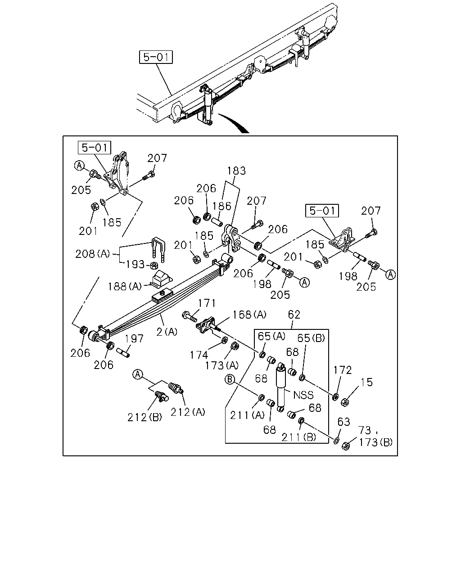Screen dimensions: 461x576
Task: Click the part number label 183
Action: pos(236,171)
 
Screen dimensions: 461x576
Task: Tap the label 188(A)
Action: pos(125,287)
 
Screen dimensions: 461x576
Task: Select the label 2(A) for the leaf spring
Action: pos(167,332)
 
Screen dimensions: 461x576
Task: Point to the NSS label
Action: pos(303,395)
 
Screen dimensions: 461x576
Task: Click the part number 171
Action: pos(207,303)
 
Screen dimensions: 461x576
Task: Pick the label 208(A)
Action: pos(93,254)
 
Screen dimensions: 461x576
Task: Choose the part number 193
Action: pos(135,265)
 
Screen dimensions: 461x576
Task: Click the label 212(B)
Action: pos(145,417)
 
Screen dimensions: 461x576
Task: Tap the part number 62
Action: pos(294,314)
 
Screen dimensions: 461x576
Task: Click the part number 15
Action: pos(366,382)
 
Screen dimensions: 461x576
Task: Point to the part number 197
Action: pos(134,338)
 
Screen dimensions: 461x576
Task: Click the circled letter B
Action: pos(230,379)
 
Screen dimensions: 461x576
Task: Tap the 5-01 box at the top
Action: pos(156,57)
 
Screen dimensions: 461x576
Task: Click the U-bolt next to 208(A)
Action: pos(158,249)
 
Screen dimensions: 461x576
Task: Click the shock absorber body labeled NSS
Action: pos(281,387)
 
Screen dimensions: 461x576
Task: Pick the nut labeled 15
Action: pos(345,402)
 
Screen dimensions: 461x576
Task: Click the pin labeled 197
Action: pos(123,352)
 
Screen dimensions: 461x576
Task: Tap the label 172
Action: pos(343,370)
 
